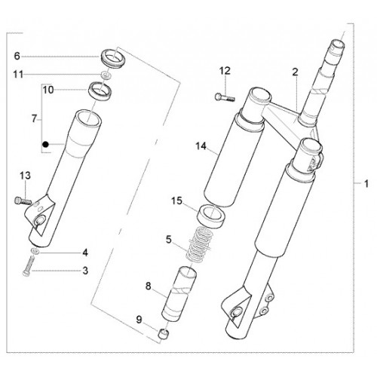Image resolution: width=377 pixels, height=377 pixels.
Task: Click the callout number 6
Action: click(17, 56)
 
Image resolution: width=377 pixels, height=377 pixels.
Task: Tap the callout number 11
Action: click(18, 75)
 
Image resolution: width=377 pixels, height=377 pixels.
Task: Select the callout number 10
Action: click(48, 90)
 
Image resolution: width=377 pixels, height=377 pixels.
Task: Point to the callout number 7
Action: click(34, 118)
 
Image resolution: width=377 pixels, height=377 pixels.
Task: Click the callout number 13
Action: click(26, 176)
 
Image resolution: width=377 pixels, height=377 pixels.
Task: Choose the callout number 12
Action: click(225, 71)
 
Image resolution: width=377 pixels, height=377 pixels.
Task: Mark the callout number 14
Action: click(201, 146)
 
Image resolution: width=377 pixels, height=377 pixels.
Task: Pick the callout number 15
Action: click(176, 201)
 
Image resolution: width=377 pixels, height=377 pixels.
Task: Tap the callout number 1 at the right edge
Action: click(366, 184)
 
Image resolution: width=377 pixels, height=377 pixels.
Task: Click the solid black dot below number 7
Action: click(45, 145)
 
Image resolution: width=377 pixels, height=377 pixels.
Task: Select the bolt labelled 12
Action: click(225, 97)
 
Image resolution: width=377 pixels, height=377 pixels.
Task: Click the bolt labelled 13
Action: click(23, 201)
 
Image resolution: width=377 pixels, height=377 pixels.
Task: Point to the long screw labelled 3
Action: click(29, 265)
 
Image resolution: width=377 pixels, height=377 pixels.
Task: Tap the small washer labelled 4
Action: click(35, 251)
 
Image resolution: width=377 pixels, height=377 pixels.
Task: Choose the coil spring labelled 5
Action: click(200, 244)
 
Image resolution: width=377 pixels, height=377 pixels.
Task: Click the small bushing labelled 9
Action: click(164, 333)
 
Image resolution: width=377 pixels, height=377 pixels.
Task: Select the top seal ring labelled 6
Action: click(113, 58)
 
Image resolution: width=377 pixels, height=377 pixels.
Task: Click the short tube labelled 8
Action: click(179, 294)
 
